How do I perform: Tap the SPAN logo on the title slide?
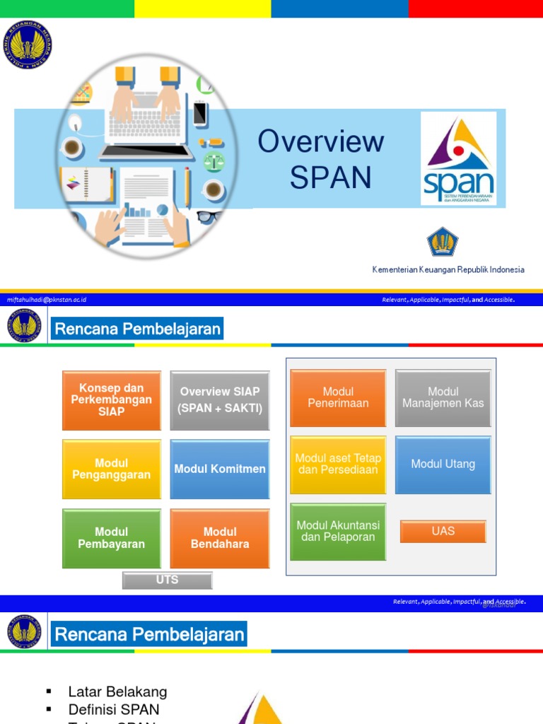[458, 158]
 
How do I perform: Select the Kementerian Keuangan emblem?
[443, 242]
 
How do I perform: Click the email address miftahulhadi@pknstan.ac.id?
[47, 300]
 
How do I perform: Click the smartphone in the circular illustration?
[200, 112]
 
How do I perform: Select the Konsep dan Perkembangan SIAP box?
[112, 400]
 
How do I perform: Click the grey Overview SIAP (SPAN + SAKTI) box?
[220, 400]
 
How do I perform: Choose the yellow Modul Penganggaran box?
[112, 469]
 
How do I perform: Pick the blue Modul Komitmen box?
[220, 469]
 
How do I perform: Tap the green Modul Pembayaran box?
[112, 538]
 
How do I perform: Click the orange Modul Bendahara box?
[220, 538]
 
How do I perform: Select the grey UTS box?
[167, 580]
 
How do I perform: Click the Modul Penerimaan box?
[338, 398]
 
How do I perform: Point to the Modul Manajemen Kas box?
[443, 398]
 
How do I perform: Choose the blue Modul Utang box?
[443, 465]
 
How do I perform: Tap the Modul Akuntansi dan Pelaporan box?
[338, 532]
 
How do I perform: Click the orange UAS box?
[443, 531]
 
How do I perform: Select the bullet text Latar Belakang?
[117, 691]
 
